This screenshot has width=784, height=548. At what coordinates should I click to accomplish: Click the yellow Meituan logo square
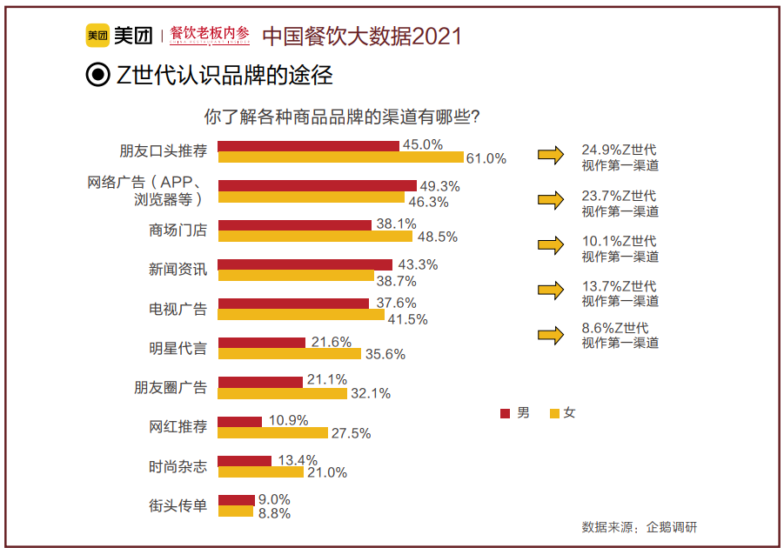point(97,35)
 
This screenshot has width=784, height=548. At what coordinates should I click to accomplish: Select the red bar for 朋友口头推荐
point(309,146)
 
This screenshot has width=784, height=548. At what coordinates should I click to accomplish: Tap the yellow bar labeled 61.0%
point(341,157)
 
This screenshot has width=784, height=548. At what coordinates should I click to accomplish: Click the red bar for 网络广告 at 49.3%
point(318,185)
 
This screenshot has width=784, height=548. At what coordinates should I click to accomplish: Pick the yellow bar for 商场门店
point(316,236)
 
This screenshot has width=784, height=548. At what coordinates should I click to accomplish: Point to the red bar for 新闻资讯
point(305,264)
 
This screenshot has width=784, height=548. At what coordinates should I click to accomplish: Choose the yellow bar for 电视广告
point(301,315)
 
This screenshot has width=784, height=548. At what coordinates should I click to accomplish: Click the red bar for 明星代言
point(262,343)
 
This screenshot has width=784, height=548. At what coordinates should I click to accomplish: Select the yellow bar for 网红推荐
point(273,432)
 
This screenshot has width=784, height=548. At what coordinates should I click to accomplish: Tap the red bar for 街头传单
point(237,500)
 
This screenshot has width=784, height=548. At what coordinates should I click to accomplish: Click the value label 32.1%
point(371,393)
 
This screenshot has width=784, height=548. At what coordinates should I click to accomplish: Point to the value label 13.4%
point(298,460)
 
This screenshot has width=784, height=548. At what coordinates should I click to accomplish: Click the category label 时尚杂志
point(178,466)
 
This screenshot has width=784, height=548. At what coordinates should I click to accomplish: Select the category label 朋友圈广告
point(171,387)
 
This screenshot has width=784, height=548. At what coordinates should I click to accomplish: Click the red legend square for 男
point(505,413)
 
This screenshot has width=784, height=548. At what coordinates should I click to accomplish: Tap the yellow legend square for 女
point(554,413)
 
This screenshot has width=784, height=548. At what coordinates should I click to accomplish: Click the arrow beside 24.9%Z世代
point(551,155)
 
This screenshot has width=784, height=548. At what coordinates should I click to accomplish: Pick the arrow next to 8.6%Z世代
point(551,335)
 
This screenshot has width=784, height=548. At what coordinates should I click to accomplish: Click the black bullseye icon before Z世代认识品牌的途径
point(98,75)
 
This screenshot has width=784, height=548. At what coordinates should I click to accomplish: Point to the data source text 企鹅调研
point(672,527)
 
